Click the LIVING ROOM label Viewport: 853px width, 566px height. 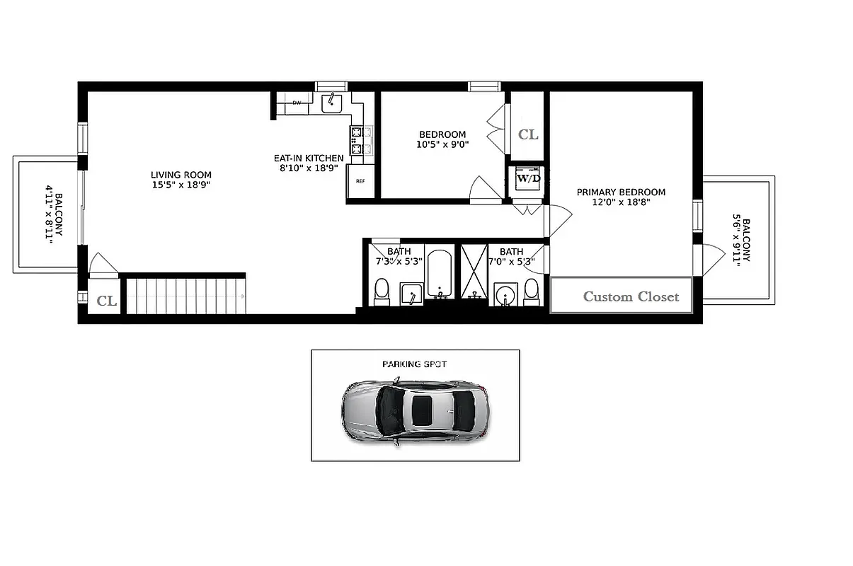coord(181,175)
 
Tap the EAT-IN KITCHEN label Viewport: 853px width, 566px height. coord(309,158)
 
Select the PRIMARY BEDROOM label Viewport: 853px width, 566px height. coord(621,192)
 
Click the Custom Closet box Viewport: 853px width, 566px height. coord(621,296)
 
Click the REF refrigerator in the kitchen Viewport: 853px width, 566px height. coord(360,181)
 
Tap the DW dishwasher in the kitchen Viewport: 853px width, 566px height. coord(297,103)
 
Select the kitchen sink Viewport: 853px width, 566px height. coord(331,103)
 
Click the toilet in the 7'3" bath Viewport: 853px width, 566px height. coord(382,291)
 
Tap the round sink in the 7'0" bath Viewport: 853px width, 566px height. coord(505,293)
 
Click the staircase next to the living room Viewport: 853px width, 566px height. coord(184,296)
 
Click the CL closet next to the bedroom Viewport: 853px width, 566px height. coord(527,134)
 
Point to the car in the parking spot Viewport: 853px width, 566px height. coord(416,410)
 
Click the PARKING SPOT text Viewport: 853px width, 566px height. coord(415,364)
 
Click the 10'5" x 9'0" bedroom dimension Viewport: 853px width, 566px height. coord(442,144)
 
